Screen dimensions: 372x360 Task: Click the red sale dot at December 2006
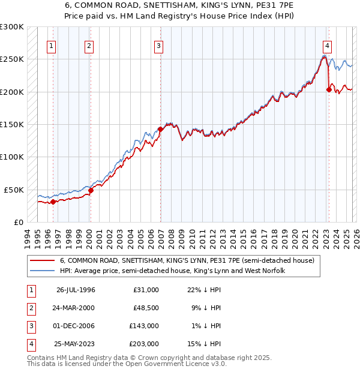click(x=160, y=128)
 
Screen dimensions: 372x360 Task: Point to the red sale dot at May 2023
click(x=329, y=89)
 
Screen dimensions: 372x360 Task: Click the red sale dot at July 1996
click(x=53, y=202)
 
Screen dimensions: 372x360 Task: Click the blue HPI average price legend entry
click(x=172, y=271)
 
